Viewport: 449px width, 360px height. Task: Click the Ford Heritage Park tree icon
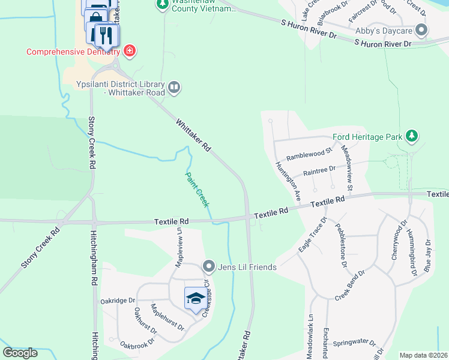[x=411, y=136]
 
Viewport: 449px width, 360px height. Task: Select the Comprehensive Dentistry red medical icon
[x=130, y=51]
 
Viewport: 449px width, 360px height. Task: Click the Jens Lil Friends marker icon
[x=209, y=265]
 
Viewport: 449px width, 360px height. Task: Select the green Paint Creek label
[x=197, y=190]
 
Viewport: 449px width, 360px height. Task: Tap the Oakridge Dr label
[x=119, y=300]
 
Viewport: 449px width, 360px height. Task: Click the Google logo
[x=20, y=353]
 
